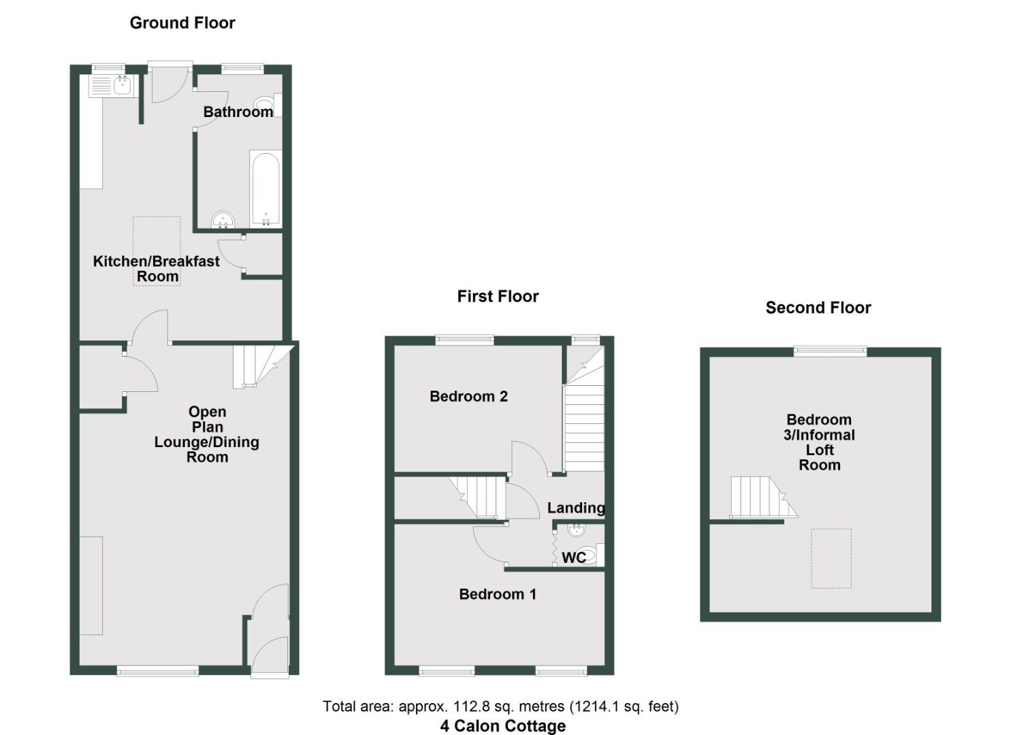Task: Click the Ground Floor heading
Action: click(182, 23)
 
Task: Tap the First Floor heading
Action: click(498, 296)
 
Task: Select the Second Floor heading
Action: click(818, 308)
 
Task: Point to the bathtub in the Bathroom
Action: click(265, 188)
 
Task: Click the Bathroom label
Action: click(238, 112)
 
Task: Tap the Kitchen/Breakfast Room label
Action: click(157, 268)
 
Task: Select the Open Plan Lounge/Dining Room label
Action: click(207, 434)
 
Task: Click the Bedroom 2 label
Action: click(468, 396)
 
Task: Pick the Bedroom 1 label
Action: click(497, 594)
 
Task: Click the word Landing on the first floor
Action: click(575, 508)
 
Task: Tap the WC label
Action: click(573, 557)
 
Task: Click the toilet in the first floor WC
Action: click(588, 555)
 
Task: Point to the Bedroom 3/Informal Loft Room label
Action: click(819, 442)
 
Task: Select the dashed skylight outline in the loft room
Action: click(831, 558)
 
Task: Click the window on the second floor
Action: click(830, 351)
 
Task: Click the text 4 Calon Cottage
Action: click(502, 725)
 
